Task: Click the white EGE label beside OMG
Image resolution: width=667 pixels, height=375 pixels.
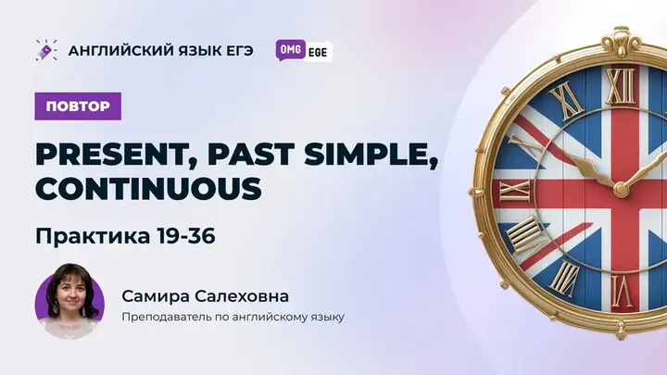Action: [316, 51]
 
